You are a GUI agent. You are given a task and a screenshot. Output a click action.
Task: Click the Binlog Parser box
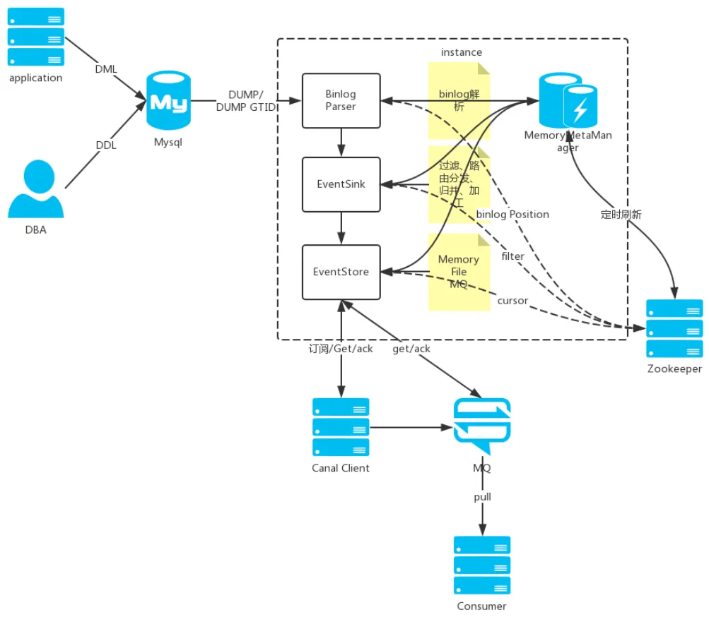[x=341, y=100]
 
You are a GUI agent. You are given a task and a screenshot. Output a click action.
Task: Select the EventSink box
[x=341, y=184]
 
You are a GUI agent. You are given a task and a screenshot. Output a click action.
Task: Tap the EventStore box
[x=341, y=272]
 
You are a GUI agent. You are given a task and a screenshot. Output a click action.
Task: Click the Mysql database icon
[x=168, y=100]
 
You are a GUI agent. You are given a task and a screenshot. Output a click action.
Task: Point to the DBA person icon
[x=35, y=188]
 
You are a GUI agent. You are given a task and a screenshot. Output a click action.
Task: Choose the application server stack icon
[x=35, y=37]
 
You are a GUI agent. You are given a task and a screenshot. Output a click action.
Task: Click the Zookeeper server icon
[x=674, y=328]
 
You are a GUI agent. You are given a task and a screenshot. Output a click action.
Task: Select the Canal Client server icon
[x=341, y=427]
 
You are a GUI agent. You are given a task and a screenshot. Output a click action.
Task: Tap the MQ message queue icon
[x=482, y=426]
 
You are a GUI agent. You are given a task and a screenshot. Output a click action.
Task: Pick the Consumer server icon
[x=482, y=565]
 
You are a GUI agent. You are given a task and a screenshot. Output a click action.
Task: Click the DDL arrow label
[x=106, y=145]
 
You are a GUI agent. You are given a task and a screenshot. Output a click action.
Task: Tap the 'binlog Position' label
[x=512, y=215]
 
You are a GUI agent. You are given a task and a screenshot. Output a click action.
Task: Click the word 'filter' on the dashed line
[x=512, y=256]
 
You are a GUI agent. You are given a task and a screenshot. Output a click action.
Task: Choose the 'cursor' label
[x=512, y=301]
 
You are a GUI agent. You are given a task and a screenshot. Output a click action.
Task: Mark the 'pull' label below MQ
[x=482, y=497]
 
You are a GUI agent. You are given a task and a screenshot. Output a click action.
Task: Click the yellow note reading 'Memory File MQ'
[x=459, y=272]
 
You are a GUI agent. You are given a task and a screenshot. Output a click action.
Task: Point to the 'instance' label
[x=461, y=52]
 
